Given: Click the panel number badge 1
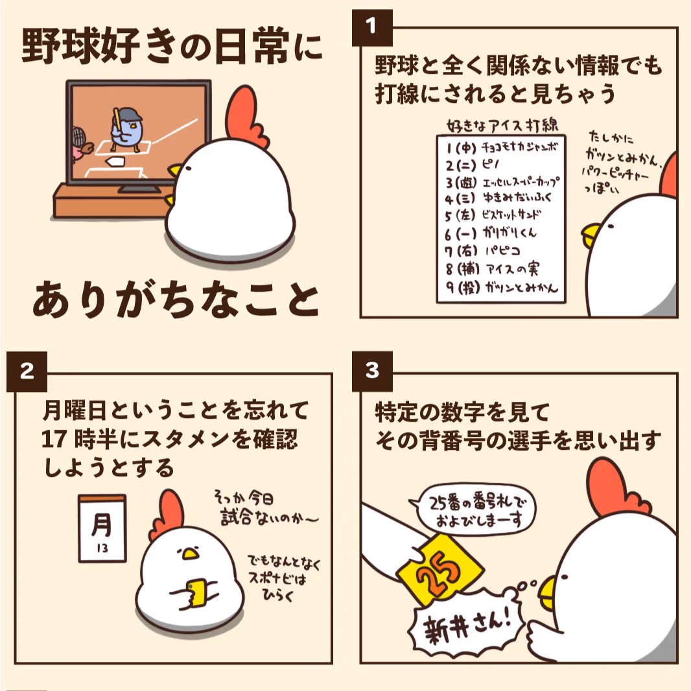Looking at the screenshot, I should (x=371, y=27).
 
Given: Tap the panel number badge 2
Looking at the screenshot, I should (x=27, y=371).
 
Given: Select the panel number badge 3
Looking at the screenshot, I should (x=371, y=371).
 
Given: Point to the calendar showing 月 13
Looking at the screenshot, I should (x=101, y=528).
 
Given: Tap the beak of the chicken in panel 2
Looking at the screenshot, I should (x=189, y=554).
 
